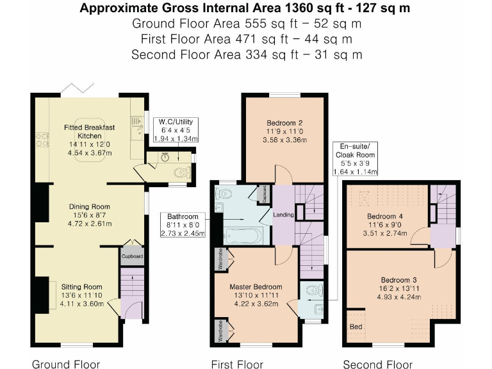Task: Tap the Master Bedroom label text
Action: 256,295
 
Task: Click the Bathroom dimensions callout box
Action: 183,225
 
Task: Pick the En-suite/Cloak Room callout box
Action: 354,160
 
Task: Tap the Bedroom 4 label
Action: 384,216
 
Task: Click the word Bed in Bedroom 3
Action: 355,327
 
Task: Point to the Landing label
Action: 283,214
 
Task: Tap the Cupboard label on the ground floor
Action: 131,256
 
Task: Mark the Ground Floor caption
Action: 66,364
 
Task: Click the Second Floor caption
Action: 377,364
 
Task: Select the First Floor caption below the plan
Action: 237,364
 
